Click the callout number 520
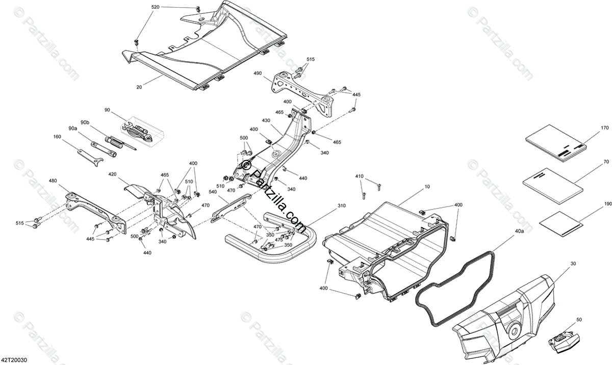point(156,7)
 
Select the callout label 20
point(139,87)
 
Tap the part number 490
point(258,73)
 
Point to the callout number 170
point(605,127)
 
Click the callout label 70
point(606,162)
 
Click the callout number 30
point(573,264)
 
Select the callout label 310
point(327,205)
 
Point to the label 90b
point(85,123)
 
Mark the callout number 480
point(53,180)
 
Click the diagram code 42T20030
point(14,360)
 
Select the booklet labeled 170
point(556,143)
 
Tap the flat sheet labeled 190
point(561,223)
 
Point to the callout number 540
point(212,192)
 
